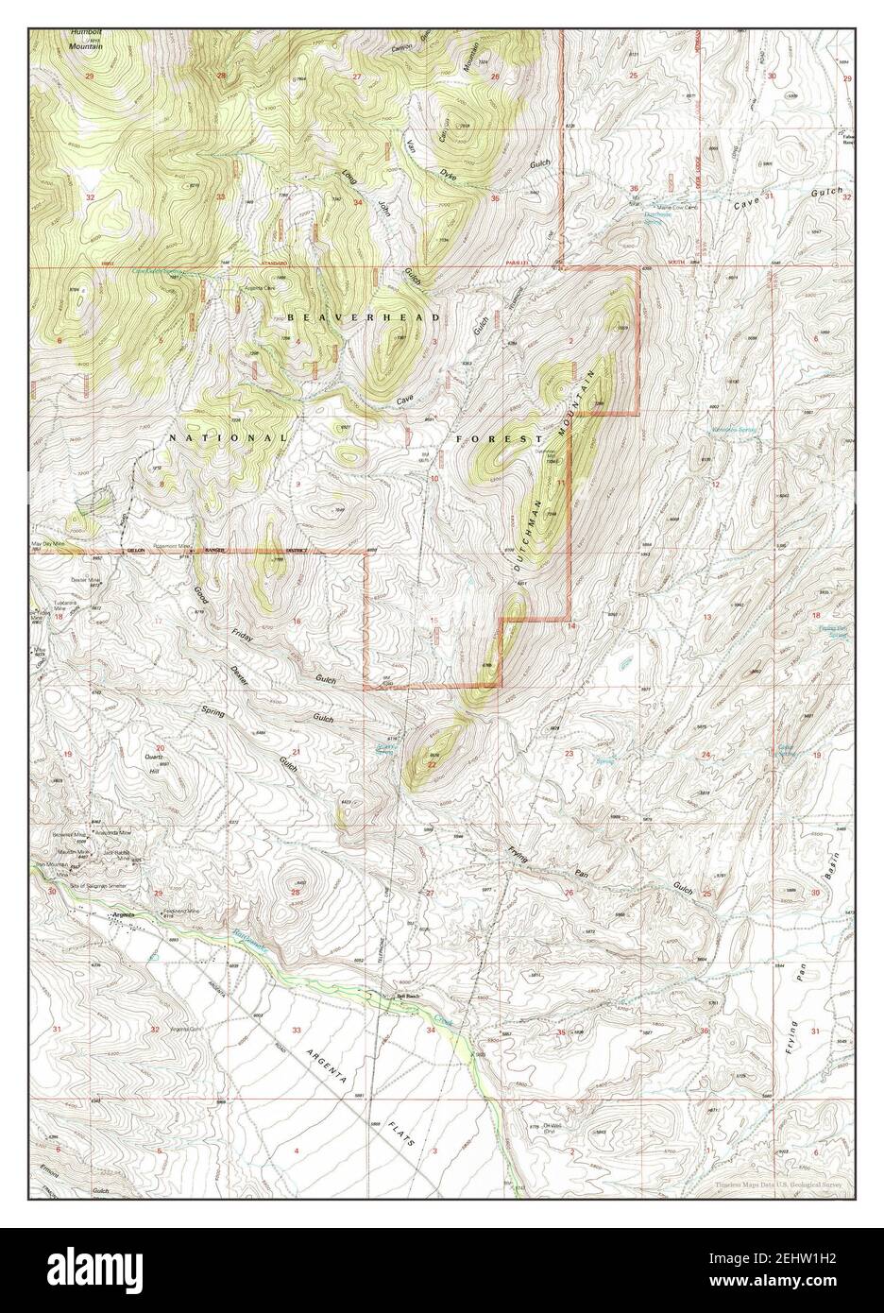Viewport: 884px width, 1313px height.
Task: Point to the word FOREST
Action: pos(500,439)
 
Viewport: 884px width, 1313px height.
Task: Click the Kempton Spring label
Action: pos(731,430)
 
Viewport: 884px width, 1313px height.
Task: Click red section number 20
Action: pos(160,749)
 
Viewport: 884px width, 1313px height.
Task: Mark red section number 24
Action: pos(706,754)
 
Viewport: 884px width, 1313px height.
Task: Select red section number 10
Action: pos(434,479)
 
